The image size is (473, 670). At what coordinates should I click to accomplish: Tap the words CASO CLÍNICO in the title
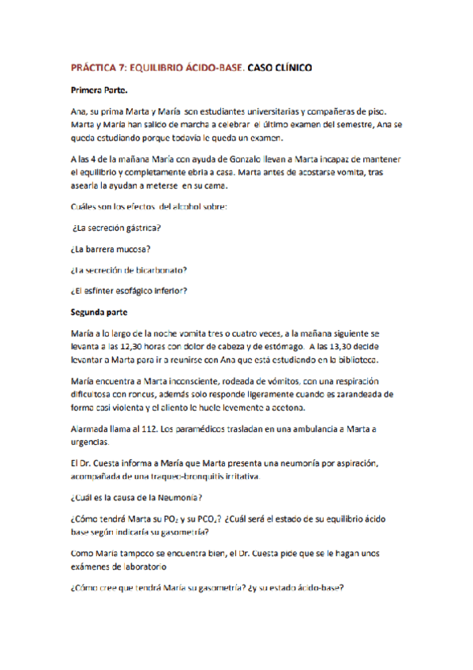[x=280, y=69]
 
